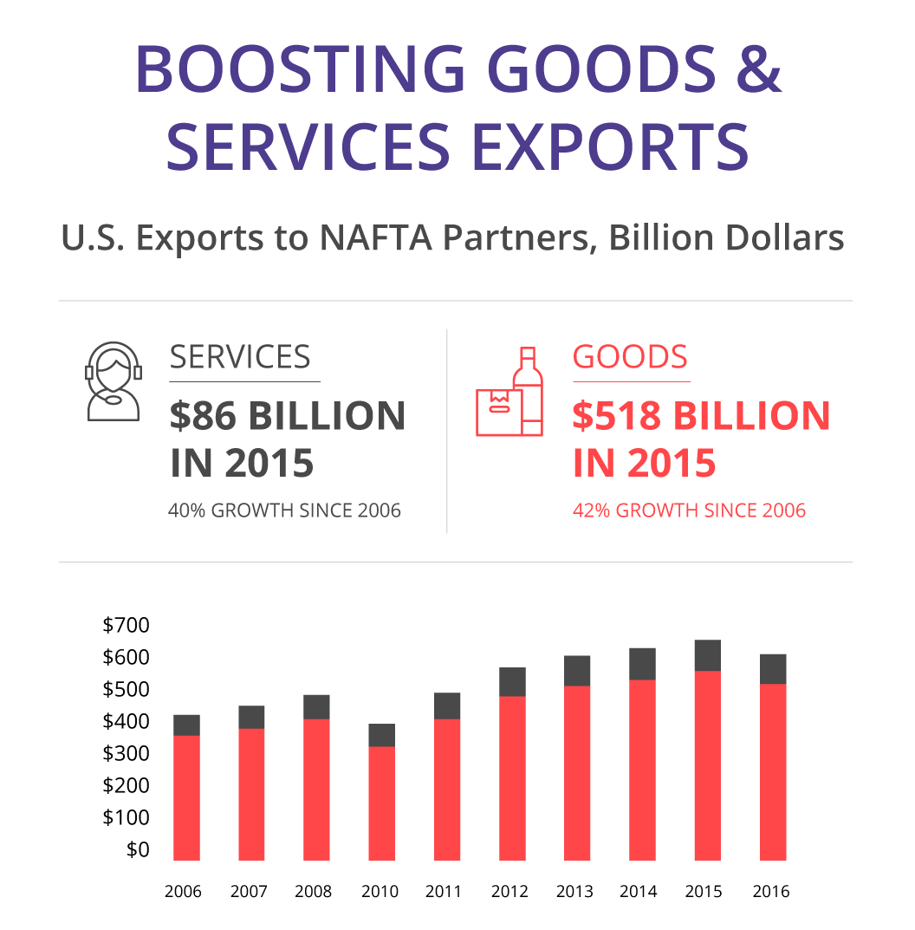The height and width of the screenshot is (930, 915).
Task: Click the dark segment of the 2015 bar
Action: click(707, 655)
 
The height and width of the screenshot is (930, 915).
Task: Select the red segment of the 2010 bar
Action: click(382, 803)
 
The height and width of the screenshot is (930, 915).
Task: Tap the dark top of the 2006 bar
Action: click(187, 725)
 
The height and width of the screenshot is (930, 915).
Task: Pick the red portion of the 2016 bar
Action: click(773, 772)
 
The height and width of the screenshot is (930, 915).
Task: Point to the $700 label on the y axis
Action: click(126, 625)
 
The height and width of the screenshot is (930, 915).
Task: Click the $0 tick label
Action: click(138, 850)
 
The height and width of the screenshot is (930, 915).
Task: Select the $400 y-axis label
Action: click(126, 721)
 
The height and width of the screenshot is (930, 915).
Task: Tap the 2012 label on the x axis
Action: click(509, 892)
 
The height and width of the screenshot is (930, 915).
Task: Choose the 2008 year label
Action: click(313, 892)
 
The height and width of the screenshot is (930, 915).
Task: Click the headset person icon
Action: click(114, 381)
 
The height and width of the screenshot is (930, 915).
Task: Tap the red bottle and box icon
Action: click(509, 392)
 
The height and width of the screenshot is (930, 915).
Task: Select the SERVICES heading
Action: click(240, 357)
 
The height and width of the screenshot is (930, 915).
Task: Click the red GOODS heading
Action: click(630, 357)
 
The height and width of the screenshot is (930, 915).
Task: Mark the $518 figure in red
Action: click(617, 415)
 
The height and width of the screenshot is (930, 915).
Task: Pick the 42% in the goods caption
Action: click(591, 511)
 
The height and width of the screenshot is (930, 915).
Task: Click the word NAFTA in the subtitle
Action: click(376, 237)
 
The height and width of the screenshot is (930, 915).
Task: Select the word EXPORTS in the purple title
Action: click(611, 146)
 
